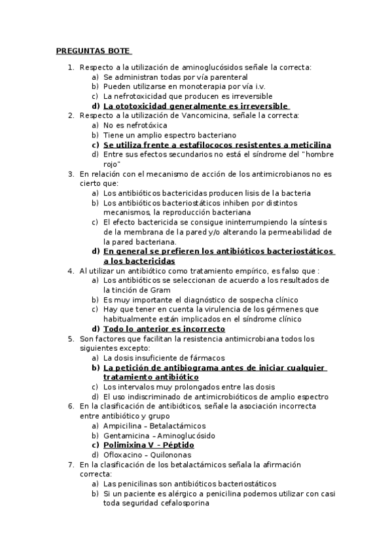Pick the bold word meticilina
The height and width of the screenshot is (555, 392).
tap(308, 145)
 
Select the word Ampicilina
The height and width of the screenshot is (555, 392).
tap(124, 425)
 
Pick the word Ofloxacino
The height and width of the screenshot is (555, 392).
tap(125, 454)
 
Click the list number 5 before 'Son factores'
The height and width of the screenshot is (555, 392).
tap(70, 338)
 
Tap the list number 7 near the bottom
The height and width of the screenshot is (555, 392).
tap(70, 464)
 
